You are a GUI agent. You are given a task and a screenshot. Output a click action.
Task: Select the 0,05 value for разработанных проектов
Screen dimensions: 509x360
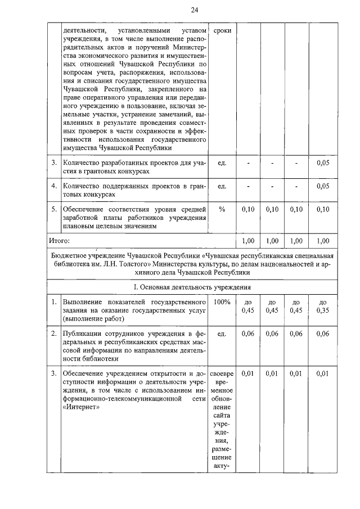pos(323,163)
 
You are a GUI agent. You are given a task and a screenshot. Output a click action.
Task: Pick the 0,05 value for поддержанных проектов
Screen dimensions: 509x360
pos(323,186)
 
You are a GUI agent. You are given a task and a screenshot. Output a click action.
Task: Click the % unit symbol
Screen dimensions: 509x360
pos(222,209)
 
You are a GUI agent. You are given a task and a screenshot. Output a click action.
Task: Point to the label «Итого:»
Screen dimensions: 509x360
pos(58,241)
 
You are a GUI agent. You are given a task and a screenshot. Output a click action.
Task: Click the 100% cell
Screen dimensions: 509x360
pos(222,302)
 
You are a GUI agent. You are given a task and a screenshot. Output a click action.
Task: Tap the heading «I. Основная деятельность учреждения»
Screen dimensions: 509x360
pos(192,287)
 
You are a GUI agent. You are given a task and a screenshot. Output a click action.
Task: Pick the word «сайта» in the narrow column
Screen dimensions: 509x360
pos(222,413)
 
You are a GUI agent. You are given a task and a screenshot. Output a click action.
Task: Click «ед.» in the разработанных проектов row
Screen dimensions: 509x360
pos(222,163)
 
